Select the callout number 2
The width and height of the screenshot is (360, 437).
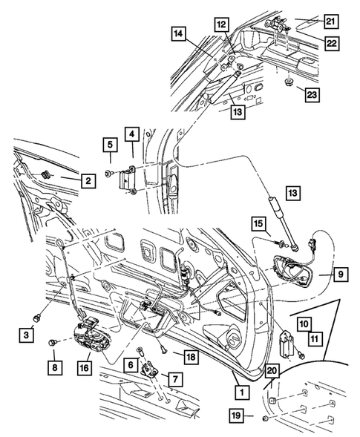pyautogui.click(x=87, y=180)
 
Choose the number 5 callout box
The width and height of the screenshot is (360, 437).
pyautogui.click(x=108, y=144)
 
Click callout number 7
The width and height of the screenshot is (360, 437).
pyautogui.click(x=176, y=379)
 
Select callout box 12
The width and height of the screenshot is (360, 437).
pyautogui.click(x=220, y=24)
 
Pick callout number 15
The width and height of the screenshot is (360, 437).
pyautogui.click(x=259, y=223)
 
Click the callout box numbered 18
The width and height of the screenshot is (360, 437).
pyautogui.click(x=192, y=358)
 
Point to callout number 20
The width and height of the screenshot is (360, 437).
pyautogui.click(x=272, y=369)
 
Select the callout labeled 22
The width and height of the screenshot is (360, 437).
pyautogui.click(x=331, y=44)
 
